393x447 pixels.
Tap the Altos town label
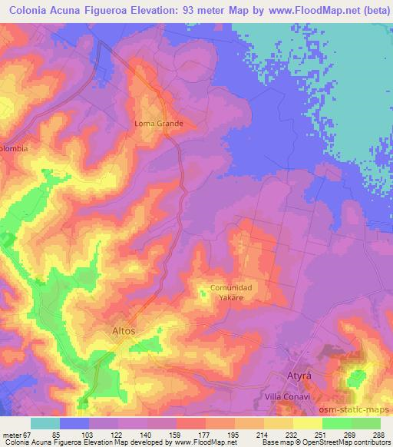(119, 330)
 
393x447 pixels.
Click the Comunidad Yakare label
(231, 293)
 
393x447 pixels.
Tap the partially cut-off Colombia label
(15, 149)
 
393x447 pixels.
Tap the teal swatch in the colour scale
(45, 422)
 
